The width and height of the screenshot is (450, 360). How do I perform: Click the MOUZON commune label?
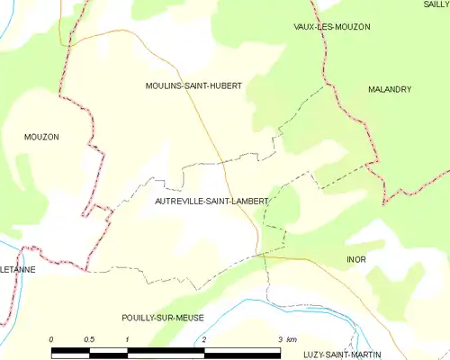tap(41, 137)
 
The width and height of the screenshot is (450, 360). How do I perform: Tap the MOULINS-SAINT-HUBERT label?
tap(193, 85)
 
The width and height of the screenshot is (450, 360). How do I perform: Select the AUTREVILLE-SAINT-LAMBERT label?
tap(211, 202)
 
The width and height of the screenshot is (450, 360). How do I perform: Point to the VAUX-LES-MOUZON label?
tap(332, 27)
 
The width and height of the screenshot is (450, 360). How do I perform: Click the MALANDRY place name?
tap(390, 90)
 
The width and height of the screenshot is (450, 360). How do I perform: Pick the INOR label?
tap(357, 259)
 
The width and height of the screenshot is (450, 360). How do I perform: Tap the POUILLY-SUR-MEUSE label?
tap(163, 318)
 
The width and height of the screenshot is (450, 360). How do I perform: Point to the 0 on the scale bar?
tap(51, 338)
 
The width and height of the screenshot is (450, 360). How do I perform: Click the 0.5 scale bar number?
tap(89, 338)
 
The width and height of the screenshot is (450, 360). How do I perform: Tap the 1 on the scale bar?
tap(128, 338)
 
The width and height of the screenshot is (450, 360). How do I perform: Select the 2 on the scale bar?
tap(204, 338)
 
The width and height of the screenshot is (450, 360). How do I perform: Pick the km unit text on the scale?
tap(292, 338)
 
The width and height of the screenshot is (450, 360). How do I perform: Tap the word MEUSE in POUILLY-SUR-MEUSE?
tap(189, 318)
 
